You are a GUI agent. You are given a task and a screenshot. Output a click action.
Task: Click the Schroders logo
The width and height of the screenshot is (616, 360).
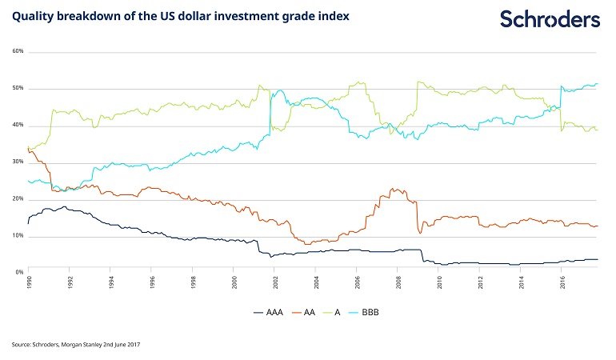(550, 19)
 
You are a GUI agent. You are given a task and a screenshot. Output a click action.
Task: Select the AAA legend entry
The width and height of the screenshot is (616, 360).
(269, 312)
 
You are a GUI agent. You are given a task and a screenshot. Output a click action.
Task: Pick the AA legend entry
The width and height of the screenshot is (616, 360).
(304, 312)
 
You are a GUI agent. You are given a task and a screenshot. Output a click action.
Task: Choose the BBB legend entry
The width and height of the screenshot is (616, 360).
(364, 312)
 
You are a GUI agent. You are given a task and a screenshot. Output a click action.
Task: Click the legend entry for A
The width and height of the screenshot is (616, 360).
(331, 312)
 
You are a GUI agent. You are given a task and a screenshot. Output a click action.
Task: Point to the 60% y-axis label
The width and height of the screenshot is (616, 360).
(18, 51)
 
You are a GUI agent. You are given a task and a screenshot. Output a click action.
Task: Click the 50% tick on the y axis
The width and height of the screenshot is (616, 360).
(18, 88)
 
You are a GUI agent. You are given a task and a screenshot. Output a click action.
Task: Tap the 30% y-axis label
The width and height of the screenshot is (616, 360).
(18, 162)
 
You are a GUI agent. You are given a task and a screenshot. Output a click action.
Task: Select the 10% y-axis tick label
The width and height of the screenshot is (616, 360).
(18, 235)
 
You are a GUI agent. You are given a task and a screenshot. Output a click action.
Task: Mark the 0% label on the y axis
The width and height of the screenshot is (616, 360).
(20, 272)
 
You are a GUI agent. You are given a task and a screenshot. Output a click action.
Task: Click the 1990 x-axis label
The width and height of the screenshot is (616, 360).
(29, 282)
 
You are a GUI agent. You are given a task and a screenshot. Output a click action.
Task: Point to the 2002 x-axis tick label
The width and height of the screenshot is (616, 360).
(275, 282)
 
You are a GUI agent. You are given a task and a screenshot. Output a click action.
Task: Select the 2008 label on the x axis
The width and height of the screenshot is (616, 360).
(398, 282)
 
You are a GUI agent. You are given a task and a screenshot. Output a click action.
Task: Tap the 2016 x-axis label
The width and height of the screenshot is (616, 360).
(563, 282)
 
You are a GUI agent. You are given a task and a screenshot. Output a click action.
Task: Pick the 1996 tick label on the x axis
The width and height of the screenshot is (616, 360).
(153, 282)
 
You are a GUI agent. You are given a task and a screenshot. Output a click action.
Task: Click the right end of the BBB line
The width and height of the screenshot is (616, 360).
(598, 84)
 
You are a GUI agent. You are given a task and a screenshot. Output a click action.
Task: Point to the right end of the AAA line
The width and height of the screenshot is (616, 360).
(598, 259)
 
